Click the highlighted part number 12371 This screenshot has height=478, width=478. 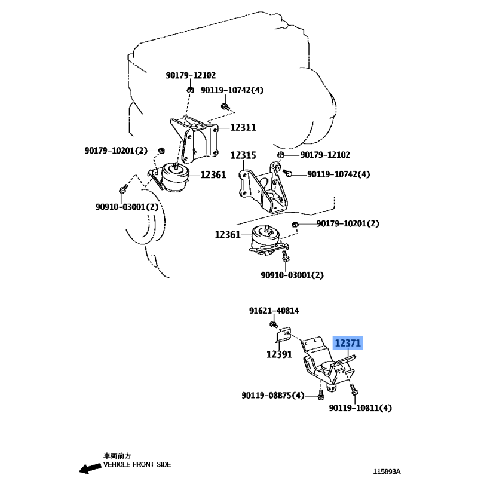coord(348,343)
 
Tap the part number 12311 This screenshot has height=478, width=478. coord(243,127)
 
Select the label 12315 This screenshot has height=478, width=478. coord(243,155)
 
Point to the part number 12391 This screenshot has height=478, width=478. coord(279,354)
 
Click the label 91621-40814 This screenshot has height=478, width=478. coord(274,311)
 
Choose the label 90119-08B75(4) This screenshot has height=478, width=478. coord(273,396)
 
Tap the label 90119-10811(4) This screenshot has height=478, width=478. coord(360,408)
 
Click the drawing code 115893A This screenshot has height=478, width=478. coord(387,471)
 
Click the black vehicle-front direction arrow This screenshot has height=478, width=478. coord(90,468)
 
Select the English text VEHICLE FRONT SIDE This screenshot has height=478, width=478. coord(137,465)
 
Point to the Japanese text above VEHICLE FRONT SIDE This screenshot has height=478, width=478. coord(117,456)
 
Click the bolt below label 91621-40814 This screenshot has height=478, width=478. coord(274,324)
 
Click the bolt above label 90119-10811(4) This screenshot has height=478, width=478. coord(354,389)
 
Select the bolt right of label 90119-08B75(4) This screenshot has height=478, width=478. coord(321,394)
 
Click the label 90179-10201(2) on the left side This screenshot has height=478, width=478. coord(116,151)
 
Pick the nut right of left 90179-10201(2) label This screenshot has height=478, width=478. coord(161,151)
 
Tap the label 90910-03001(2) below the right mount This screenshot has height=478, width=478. coord(292,275)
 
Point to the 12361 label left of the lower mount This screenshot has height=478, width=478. coord(228,235)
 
